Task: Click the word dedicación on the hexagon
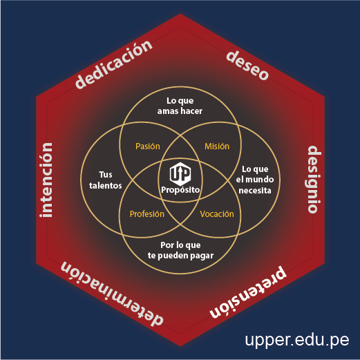click(x=114, y=65)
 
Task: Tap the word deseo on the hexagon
click(x=247, y=66)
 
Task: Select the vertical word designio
click(x=314, y=179)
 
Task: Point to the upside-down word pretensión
click(x=248, y=292)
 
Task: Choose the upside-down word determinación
click(x=112, y=294)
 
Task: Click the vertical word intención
click(x=46, y=180)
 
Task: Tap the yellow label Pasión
click(x=148, y=146)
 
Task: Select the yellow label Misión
click(x=217, y=146)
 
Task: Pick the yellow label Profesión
click(x=147, y=214)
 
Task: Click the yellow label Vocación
click(x=217, y=214)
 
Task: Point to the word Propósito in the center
click(x=180, y=190)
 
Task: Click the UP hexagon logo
click(x=180, y=174)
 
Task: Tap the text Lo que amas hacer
click(x=180, y=106)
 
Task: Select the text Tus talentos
click(x=106, y=180)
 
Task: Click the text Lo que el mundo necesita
click(x=255, y=180)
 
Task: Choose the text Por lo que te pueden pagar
click(x=180, y=251)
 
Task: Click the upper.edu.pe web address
click(x=297, y=340)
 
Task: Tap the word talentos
click(x=106, y=186)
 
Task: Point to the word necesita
click(x=255, y=191)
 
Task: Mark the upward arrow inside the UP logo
click(x=180, y=173)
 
